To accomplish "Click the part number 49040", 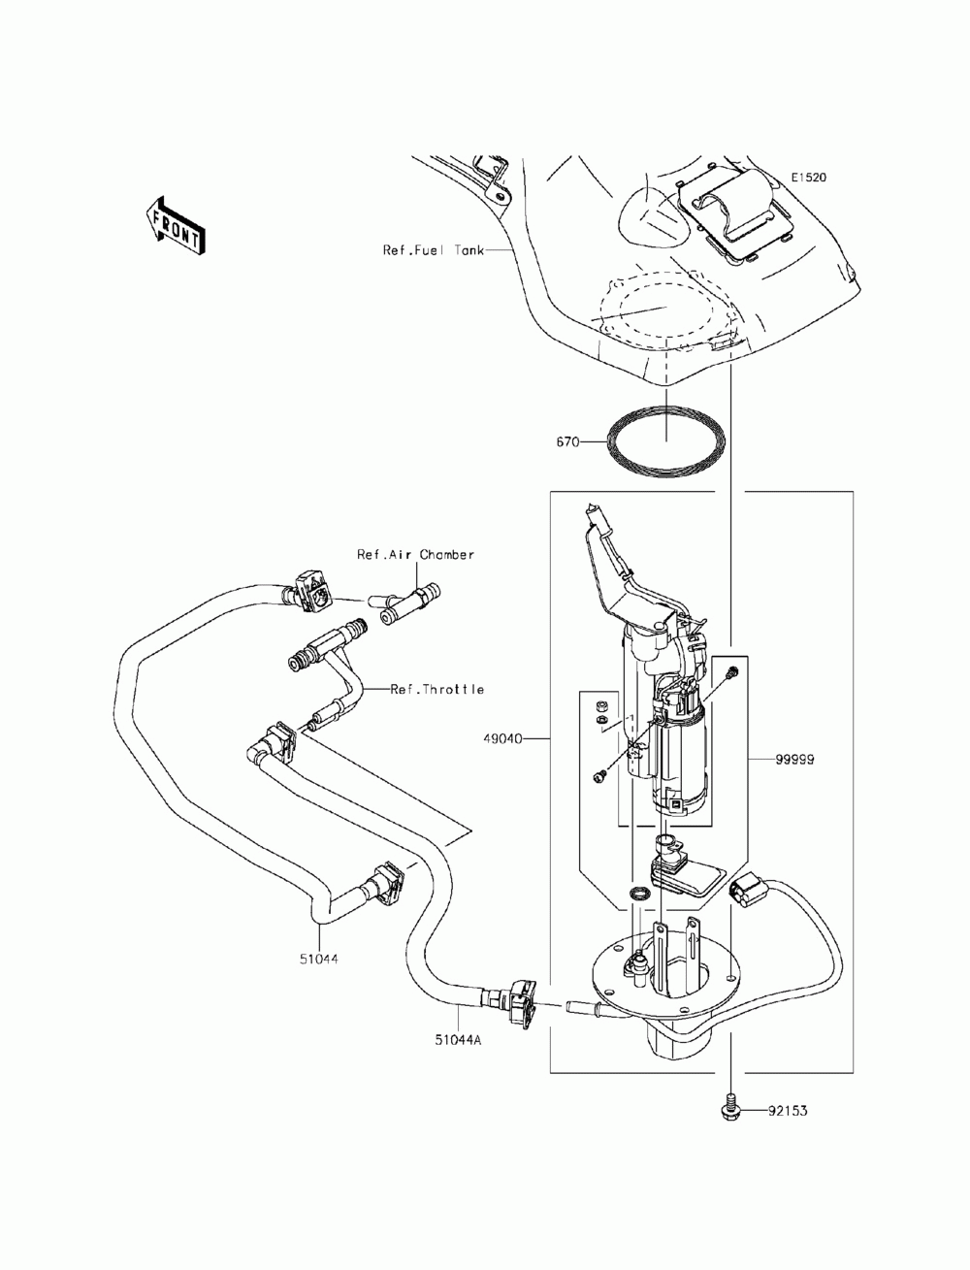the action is [x=503, y=739].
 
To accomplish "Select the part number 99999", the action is [x=794, y=760].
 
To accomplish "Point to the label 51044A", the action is [x=459, y=1040].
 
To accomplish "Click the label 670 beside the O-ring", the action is [x=567, y=442].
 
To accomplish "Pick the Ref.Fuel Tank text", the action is [x=434, y=250].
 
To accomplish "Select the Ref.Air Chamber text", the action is [x=415, y=554].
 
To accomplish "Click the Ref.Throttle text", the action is [x=436, y=689].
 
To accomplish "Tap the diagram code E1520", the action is [x=809, y=178].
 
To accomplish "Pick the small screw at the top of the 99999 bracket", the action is [x=732, y=672].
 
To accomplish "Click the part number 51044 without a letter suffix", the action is [x=319, y=960].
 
